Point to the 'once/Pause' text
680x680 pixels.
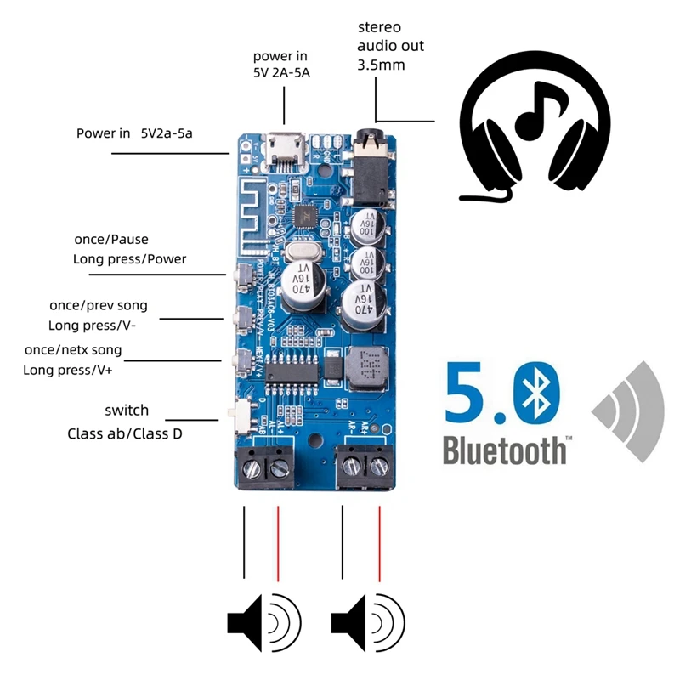111,241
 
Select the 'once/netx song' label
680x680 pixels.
73,350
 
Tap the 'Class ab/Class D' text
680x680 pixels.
124,433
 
